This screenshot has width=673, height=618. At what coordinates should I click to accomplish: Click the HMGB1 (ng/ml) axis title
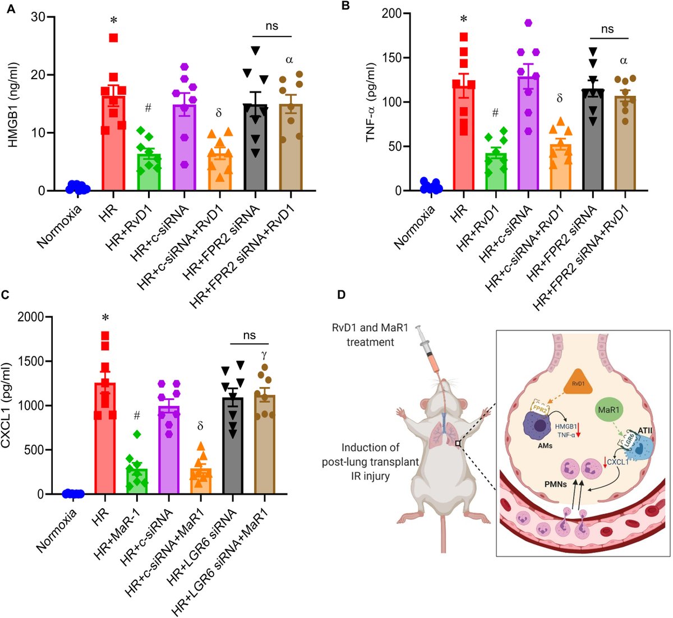(x=12, y=104)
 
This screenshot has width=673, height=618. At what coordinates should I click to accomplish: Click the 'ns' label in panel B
(x=607, y=29)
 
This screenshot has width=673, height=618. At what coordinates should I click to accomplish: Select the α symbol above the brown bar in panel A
(x=289, y=59)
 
